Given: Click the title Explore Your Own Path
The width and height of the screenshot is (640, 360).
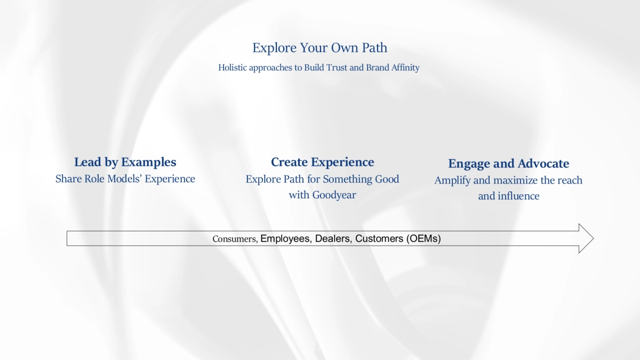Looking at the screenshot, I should point(319,48).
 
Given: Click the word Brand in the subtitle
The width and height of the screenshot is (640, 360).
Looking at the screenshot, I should point(378,68).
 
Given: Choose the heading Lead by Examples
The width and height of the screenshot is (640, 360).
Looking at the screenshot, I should point(125,162).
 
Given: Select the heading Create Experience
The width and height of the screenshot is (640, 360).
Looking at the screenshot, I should point(322,162).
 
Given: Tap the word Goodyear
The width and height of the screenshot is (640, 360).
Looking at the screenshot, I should point(334,195).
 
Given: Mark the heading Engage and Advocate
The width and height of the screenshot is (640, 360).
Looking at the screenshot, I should point(508,164).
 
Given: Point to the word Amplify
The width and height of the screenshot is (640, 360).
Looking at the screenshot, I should point(452,180).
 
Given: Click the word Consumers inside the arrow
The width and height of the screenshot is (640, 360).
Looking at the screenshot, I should point(235,239).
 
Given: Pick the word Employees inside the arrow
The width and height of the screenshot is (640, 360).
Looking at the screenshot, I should point(285,238).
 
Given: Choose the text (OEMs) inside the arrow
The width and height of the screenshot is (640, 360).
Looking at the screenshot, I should point(423,238).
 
